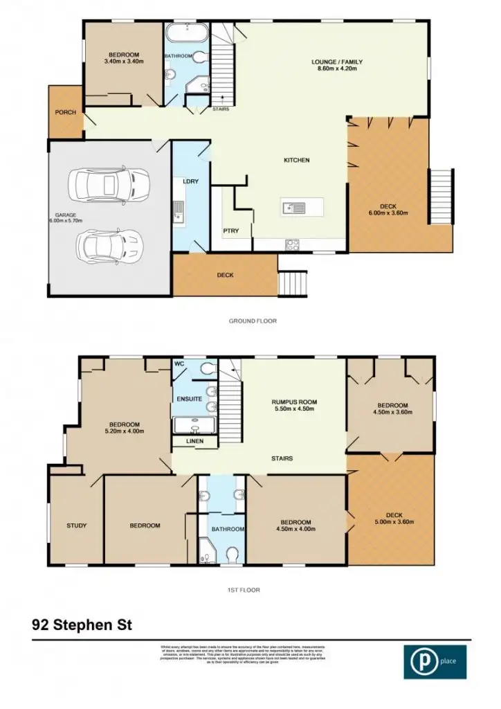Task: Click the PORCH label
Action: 65,112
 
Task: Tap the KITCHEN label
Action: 296,160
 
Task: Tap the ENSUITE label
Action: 190,399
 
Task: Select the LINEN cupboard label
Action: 193,442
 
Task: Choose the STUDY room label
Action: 76,526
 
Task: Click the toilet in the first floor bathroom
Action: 232,555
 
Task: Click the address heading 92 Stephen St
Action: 82,624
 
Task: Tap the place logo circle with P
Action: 421,661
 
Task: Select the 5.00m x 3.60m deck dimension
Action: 393,522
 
